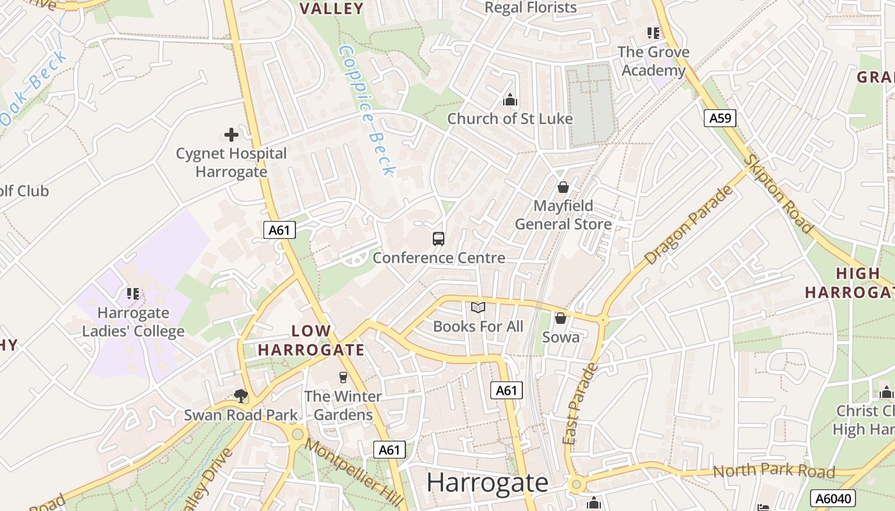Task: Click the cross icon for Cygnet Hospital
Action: tap(231, 135)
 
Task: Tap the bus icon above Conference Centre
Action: tap(439, 239)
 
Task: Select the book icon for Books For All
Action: tap(478, 308)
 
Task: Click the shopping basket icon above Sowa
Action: tap(561, 318)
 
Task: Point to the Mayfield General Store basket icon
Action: tap(563, 187)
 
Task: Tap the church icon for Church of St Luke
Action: tap(510, 100)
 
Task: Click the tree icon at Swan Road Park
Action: tap(241, 396)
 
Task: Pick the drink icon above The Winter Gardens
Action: tap(343, 377)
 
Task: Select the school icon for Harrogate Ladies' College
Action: tap(133, 294)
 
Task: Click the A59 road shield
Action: tap(720, 118)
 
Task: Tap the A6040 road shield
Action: tap(832, 498)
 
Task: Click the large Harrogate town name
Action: tap(487, 482)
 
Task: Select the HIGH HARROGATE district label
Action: tap(849, 283)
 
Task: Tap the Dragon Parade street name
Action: tap(689, 225)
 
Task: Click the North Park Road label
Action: tap(774, 471)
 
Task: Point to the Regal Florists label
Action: tap(531, 8)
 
